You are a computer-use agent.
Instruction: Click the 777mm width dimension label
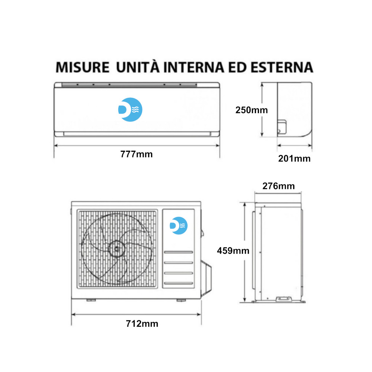pyautogui.click(x=137, y=154)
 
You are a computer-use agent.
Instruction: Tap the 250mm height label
pyautogui.click(x=251, y=110)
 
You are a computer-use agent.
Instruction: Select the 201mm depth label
pyautogui.click(x=294, y=158)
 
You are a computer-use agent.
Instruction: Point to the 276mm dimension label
pyautogui.click(x=279, y=186)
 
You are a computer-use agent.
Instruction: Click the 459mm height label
pyautogui.click(x=233, y=250)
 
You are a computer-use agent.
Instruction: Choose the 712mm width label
pyautogui.click(x=142, y=324)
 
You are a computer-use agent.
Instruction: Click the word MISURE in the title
pyautogui.click(x=82, y=67)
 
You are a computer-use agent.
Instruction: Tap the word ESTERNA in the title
pyautogui.click(x=282, y=67)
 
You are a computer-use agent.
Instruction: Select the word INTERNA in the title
pyautogui.click(x=193, y=67)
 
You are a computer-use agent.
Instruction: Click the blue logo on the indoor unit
pyautogui.click(x=130, y=110)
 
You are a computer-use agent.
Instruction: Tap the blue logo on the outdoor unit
pyautogui.click(x=179, y=226)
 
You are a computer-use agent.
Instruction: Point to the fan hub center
pyautogui.click(x=117, y=249)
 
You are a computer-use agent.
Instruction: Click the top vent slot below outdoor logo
pyautogui.click(x=179, y=252)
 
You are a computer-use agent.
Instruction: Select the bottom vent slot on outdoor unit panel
pyautogui.click(x=179, y=283)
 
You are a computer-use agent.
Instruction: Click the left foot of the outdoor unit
pyautogui.click(x=91, y=300)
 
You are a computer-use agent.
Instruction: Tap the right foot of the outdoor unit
pyautogui.click(x=181, y=300)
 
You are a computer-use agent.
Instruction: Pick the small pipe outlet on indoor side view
pyautogui.click(x=282, y=126)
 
